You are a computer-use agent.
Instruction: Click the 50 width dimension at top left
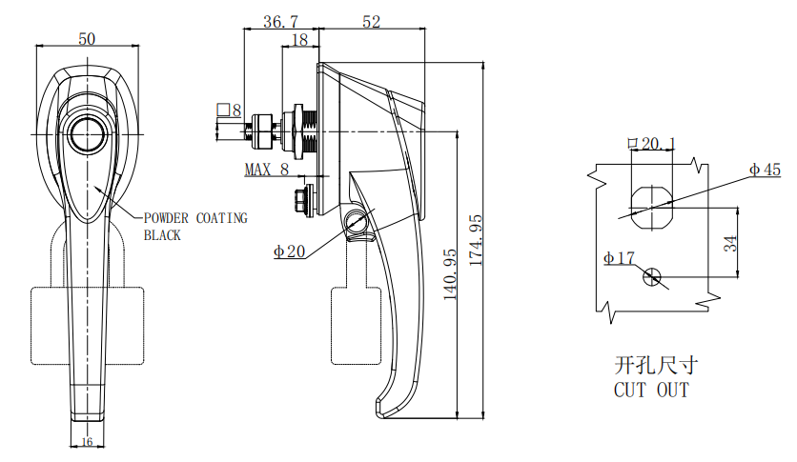(x=87, y=39)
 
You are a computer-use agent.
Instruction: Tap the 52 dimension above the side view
(x=372, y=21)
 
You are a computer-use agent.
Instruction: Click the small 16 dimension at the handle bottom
(x=87, y=441)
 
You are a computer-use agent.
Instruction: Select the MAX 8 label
(x=266, y=170)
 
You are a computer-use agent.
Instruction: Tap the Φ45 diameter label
(x=765, y=170)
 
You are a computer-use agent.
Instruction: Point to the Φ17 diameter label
(x=619, y=258)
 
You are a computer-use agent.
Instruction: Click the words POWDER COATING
(x=194, y=218)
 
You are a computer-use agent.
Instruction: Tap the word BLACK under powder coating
(x=162, y=235)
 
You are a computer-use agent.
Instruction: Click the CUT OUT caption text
(x=651, y=391)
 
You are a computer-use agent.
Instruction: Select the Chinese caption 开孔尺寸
(x=656, y=365)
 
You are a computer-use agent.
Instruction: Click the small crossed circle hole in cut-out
(x=652, y=276)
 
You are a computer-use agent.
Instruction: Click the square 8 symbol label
(x=230, y=111)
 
